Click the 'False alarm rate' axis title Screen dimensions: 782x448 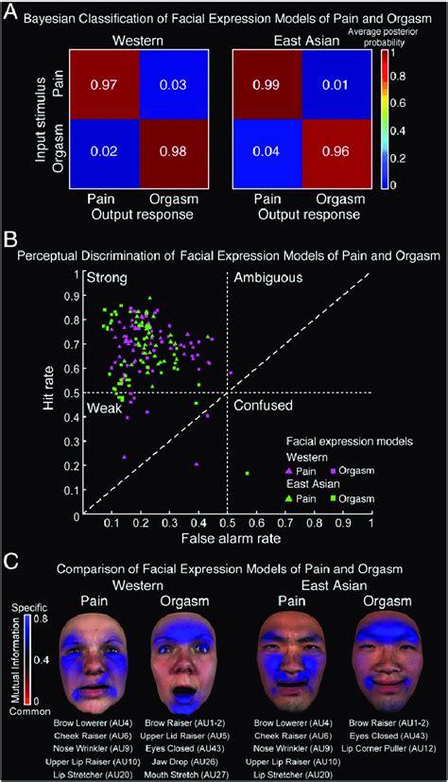[x=227, y=538]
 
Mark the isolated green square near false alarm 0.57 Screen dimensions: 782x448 [x=248, y=473]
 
